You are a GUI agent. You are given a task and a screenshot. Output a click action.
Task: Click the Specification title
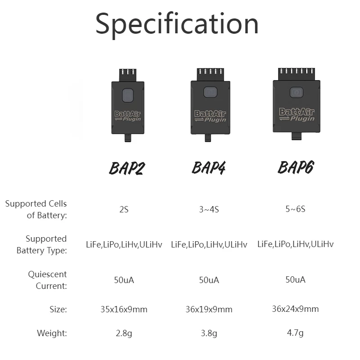click(177, 24)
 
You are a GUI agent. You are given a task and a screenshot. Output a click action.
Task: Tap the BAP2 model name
click(127, 168)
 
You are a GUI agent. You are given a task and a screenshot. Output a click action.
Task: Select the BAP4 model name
click(209, 167)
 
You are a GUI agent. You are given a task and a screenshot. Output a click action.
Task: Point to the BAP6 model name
click(296, 167)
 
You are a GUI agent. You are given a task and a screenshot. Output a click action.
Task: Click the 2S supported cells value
click(124, 210)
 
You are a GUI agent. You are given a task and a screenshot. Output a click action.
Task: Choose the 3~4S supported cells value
click(209, 210)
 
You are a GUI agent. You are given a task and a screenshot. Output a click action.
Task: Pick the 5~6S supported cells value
click(295, 209)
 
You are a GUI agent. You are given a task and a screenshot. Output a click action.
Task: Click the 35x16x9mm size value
click(124, 309)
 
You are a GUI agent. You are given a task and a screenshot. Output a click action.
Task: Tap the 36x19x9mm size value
click(209, 309)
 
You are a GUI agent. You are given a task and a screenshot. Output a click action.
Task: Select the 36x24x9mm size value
click(295, 309)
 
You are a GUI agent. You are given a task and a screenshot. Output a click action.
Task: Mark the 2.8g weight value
click(124, 333)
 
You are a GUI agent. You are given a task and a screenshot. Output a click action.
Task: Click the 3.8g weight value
click(209, 333)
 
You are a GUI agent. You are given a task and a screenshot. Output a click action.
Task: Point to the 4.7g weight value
click(295, 333)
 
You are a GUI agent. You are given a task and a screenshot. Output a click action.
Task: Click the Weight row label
click(52, 333)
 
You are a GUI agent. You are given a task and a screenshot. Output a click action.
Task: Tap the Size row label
click(58, 309)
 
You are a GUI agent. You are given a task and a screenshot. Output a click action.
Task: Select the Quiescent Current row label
click(47, 280)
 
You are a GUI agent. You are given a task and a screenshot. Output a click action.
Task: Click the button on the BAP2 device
click(127, 96)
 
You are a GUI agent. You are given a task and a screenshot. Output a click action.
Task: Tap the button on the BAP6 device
click(296, 92)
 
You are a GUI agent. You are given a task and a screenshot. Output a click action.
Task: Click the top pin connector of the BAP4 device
click(210, 74)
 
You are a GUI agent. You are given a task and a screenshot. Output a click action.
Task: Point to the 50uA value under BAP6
click(295, 279)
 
